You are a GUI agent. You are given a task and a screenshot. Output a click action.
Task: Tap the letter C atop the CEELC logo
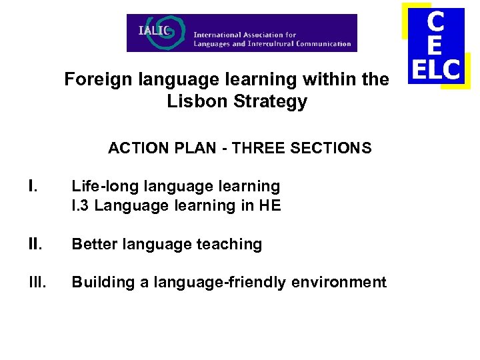[435, 23]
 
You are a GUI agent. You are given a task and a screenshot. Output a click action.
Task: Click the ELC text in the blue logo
[436, 69]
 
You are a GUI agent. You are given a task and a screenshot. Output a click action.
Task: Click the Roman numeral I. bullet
[32, 186]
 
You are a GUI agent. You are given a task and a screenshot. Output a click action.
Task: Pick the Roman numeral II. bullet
[35, 244]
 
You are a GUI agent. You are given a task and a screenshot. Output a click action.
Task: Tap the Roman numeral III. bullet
[37, 282]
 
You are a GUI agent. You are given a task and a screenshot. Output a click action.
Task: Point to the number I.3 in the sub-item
[81, 205]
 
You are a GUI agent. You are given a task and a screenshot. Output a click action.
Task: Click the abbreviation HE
[271, 205]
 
